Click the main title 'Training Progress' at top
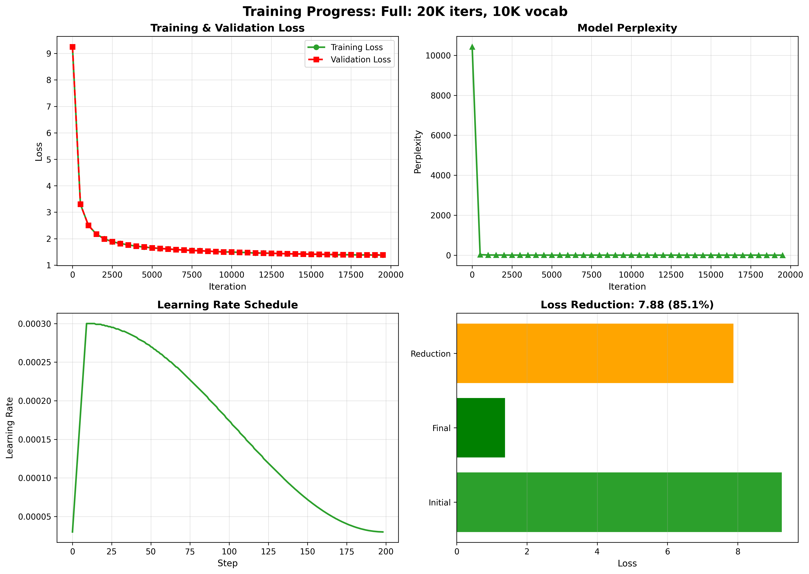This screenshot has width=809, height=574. [405, 12]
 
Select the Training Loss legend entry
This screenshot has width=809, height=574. [356, 47]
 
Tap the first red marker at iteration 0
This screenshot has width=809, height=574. [72, 47]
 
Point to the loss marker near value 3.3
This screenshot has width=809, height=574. [81, 204]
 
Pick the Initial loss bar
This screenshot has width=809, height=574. [619, 502]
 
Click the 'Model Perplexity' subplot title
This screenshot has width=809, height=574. [627, 28]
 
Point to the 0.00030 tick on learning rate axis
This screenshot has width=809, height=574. [35, 324]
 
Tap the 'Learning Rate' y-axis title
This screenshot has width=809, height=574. [10, 428]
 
